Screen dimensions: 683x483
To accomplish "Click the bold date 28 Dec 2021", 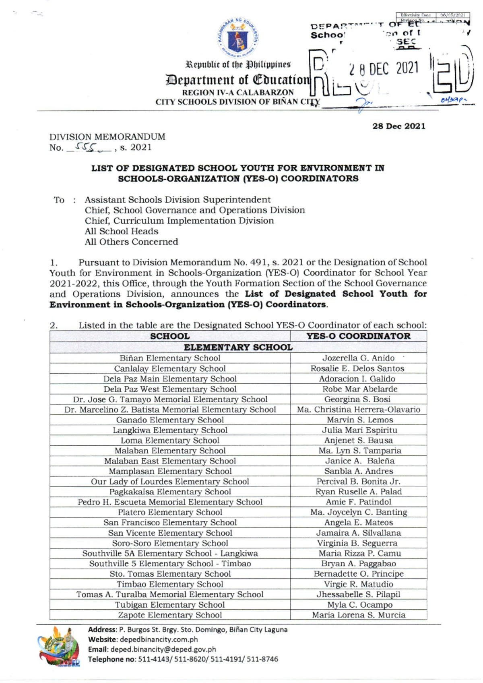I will pyautogui.click(x=398, y=126).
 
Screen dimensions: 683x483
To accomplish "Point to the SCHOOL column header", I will pyautogui.click(x=169, y=336).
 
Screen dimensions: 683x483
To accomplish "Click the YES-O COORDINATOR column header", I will pyautogui.click(x=358, y=336).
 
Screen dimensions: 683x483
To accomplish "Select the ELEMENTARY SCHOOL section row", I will pyautogui.click(x=238, y=347).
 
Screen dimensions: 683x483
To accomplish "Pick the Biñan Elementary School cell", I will pyautogui.click(x=169, y=358).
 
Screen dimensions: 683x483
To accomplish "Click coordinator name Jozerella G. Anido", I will pyautogui.click(x=358, y=358).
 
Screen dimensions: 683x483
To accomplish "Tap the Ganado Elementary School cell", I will pyautogui.click(x=169, y=420).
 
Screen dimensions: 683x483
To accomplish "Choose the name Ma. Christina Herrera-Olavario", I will pyautogui.click(x=358, y=410).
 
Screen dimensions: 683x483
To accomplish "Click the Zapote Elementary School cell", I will pyautogui.click(x=169, y=615).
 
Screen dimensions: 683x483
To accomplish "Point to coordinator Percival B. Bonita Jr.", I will pyautogui.click(x=358, y=481).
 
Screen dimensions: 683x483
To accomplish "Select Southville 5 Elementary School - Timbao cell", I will pyautogui.click(x=169, y=563).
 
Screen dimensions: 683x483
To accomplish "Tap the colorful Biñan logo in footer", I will pyautogui.click(x=59, y=647).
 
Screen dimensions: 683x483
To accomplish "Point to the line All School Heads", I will pyautogui.click(x=121, y=231).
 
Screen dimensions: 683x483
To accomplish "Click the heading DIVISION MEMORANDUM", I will pyautogui.click(x=107, y=137).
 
